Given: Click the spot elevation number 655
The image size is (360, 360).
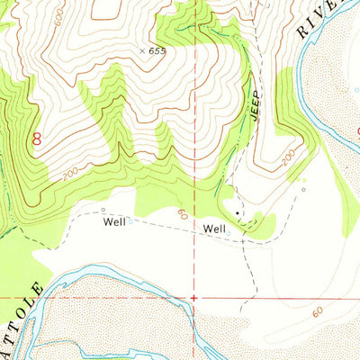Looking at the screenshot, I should [x=158, y=51].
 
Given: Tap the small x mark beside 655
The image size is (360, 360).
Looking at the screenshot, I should [x=141, y=51].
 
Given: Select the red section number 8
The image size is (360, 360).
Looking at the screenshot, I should [x=37, y=139].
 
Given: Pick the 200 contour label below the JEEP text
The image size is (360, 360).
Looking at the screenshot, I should [x=286, y=157].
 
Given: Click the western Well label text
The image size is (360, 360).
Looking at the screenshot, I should [x=114, y=221].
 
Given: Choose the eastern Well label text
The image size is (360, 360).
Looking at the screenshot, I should [x=214, y=229].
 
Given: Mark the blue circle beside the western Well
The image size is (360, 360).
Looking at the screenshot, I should [x=131, y=220].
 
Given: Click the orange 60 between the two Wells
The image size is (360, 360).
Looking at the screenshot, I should [x=183, y=213].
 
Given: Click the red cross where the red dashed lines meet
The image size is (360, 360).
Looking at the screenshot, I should [x=194, y=296].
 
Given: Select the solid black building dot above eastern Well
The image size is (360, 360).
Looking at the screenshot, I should [x=238, y=212].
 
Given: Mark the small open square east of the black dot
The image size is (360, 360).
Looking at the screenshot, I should [x=303, y=190].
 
